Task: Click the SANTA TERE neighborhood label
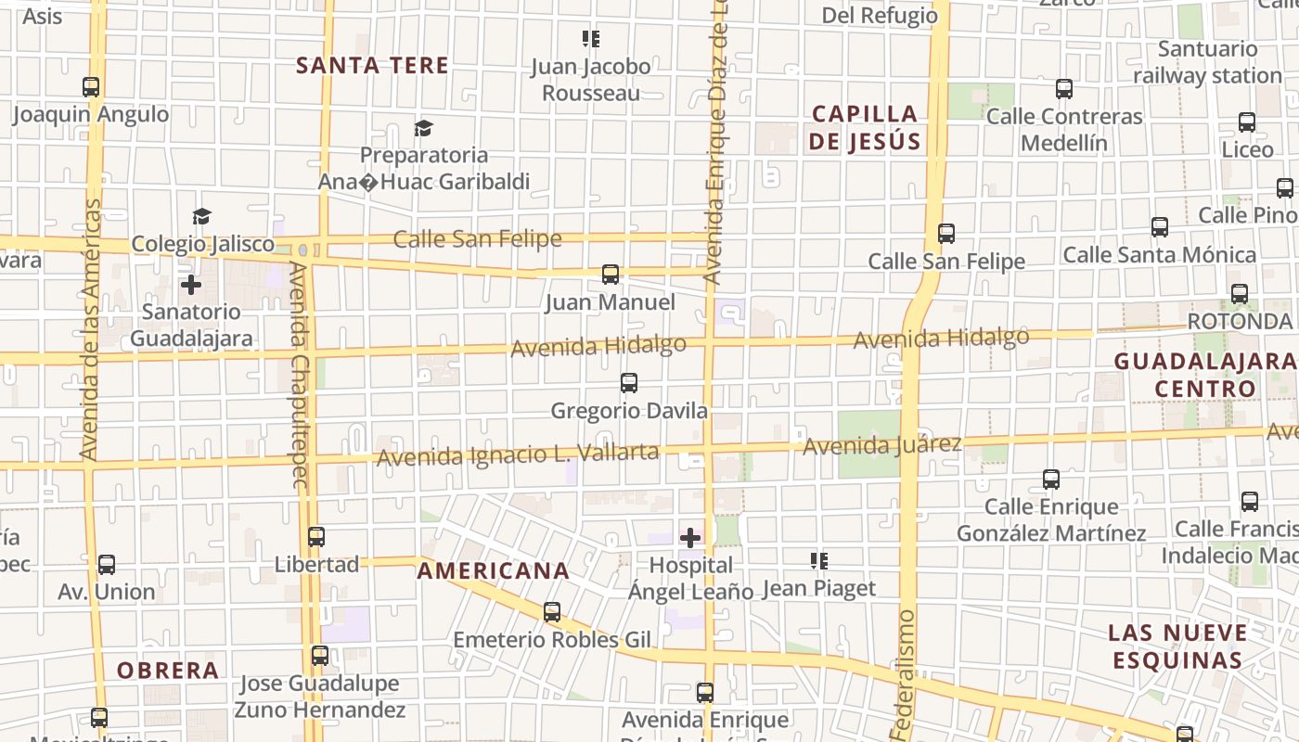[372, 65]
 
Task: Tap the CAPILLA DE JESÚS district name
[866, 128]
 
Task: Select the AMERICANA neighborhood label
[492, 570]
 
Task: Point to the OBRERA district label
[168, 670]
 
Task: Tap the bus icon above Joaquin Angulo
[91, 87]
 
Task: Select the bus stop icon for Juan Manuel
[610, 275]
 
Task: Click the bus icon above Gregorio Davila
[628, 382]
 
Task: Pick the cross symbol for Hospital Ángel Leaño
[690, 537]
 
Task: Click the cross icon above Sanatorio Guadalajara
[191, 284]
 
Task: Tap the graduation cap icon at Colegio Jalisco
[201, 217]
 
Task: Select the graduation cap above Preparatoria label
[424, 128]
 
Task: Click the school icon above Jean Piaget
[818, 560]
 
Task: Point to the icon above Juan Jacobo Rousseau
[591, 39]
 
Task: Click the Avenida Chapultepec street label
[298, 374]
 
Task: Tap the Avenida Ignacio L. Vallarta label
[517, 454]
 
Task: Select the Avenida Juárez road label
[881, 445]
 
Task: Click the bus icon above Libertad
[316, 536]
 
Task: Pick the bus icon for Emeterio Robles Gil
[552, 612]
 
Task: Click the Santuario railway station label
[1207, 62]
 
